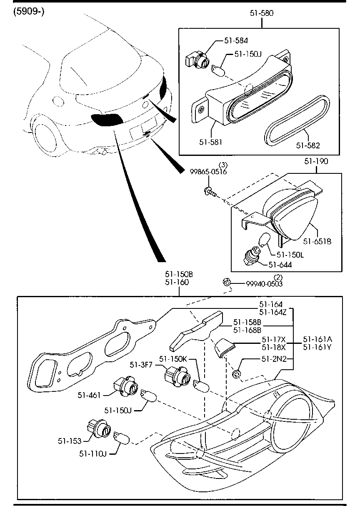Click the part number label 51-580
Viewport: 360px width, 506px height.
tap(262, 13)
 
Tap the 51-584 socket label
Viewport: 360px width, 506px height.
tap(236, 40)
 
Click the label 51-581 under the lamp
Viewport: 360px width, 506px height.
tap(210, 142)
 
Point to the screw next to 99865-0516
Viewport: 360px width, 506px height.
tap(209, 191)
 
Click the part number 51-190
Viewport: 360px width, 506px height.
tap(316, 161)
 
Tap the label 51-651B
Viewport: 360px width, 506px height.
tap(317, 241)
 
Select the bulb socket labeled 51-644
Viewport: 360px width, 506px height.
tap(251, 255)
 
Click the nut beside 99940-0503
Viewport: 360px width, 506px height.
tap(226, 283)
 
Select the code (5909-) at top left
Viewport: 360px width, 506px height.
tap(28, 11)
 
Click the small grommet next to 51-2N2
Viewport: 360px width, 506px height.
tap(237, 373)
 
